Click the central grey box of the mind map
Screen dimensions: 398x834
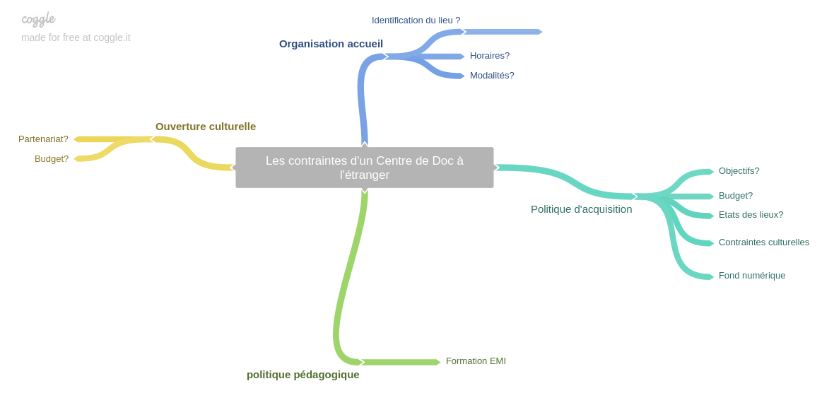pos(364,168)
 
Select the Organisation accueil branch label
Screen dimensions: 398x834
pos(331,44)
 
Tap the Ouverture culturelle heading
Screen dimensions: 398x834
pos(206,127)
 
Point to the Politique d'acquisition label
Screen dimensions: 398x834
pos(581,209)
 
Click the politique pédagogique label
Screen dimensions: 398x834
pos(303,375)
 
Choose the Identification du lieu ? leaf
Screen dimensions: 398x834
pos(416,21)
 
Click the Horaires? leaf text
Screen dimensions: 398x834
pos(489,56)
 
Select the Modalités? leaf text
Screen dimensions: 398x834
pos(492,76)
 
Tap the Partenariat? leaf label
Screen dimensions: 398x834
pos(43,139)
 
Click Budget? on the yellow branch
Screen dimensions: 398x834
pos(52,159)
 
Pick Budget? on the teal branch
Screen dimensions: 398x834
pos(735,196)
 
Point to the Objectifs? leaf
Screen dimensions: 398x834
pos(739,171)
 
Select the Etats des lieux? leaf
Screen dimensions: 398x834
pos(751,215)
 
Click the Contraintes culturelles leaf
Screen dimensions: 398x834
pos(763,242)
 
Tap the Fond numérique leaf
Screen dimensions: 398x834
pos(751,276)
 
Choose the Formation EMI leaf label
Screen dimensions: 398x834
pos(476,361)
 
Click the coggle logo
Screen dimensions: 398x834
pos(38,19)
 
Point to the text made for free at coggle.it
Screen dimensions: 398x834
pos(76,37)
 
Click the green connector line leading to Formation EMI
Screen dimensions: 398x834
pos(400,362)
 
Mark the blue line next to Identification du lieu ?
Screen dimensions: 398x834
pos(503,32)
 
